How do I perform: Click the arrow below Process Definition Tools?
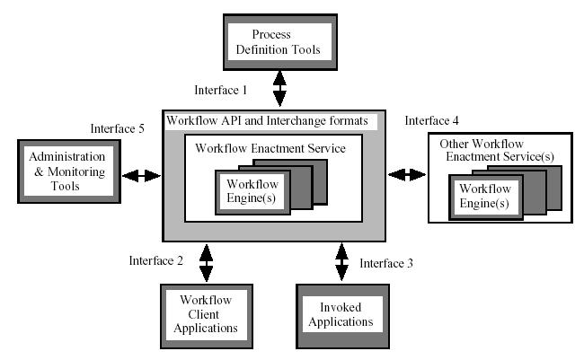point(279,90)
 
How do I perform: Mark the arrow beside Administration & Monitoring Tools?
point(141,175)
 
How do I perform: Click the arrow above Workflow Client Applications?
point(206,262)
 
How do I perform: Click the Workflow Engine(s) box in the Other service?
point(485,196)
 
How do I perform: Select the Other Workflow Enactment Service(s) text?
point(488,151)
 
